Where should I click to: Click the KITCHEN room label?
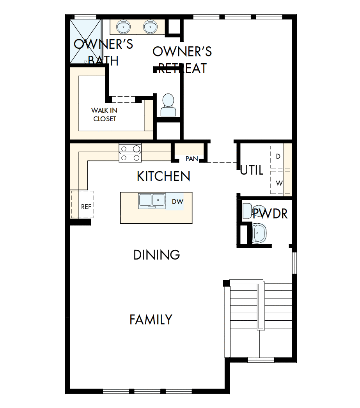click(x=163, y=176)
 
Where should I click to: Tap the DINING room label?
click(x=157, y=255)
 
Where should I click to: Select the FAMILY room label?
click(x=151, y=320)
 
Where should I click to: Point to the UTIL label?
click(x=252, y=170)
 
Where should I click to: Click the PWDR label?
click(x=270, y=214)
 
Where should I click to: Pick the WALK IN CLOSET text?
click(x=105, y=115)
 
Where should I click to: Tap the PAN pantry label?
click(x=192, y=159)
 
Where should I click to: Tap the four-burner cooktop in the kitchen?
click(x=130, y=153)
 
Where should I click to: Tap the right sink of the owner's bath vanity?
click(x=150, y=27)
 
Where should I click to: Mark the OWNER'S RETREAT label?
click(x=182, y=60)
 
